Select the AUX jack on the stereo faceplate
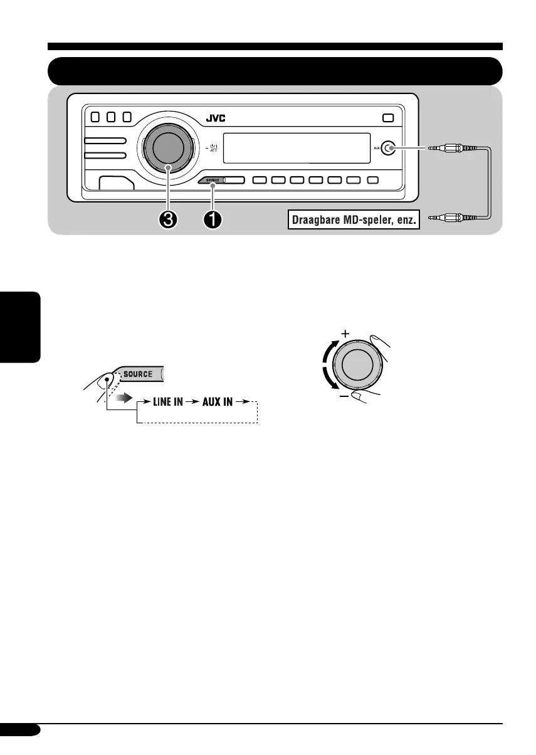tap(389, 149)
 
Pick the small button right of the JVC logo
tap(388, 117)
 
